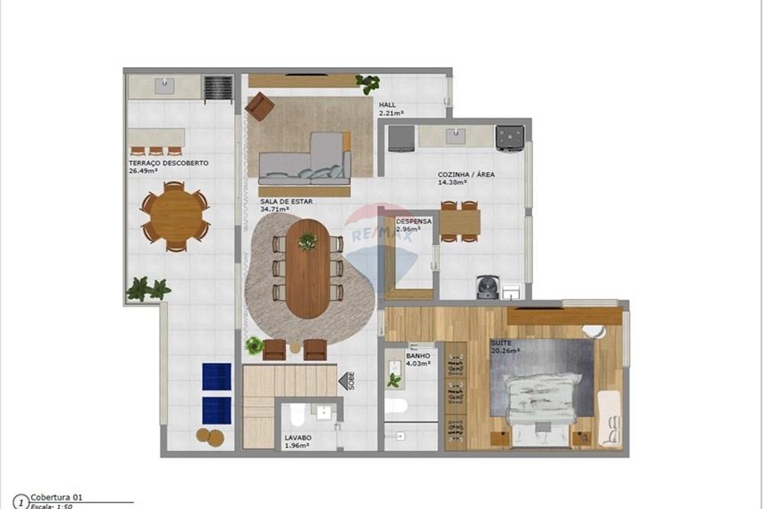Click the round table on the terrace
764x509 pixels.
pyautogui.click(x=175, y=216)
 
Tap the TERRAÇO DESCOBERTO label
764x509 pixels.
pyautogui.click(x=168, y=167)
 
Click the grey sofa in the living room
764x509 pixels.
pyautogui.click(x=305, y=162)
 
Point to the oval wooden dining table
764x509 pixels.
pyautogui.click(x=308, y=268)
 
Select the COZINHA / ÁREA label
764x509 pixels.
pyautogui.click(x=465, y=179)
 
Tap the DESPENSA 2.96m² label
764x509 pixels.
pyautogui.click(x=413, y=225)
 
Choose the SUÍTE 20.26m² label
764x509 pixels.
pyautogui.click(x=504, y=347)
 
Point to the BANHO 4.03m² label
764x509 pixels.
pyautogui.click(x=418, y=359)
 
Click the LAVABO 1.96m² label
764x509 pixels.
pyautogui.click(x=296, y=441)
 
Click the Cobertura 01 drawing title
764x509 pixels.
pyautogui.click(x=57, y=497)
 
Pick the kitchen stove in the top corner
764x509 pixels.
pyautogui.click(x=509, y=138)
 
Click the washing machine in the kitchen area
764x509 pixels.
pyautogui.click(x=486, y=287)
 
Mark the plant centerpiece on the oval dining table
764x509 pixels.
pyautogui.click(x=308, y=241)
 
